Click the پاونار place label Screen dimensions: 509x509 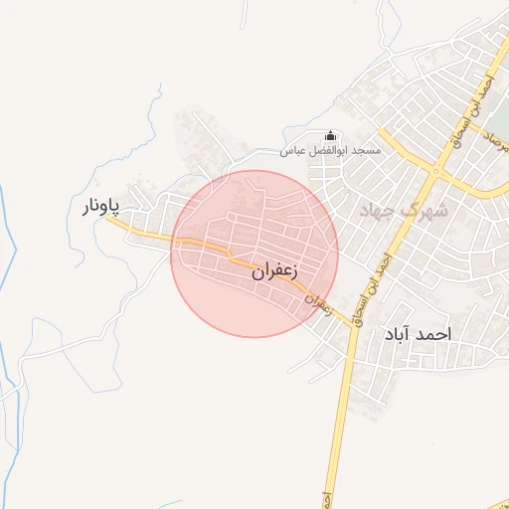pyautogui.click(x=99, y=207)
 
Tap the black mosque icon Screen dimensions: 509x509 pyautogui.click(x=331, y=136)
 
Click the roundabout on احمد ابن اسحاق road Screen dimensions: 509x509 pyautogui.click(x=435, y=171)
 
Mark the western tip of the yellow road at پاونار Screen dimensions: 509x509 pyautogui.click(x=108, y=221)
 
